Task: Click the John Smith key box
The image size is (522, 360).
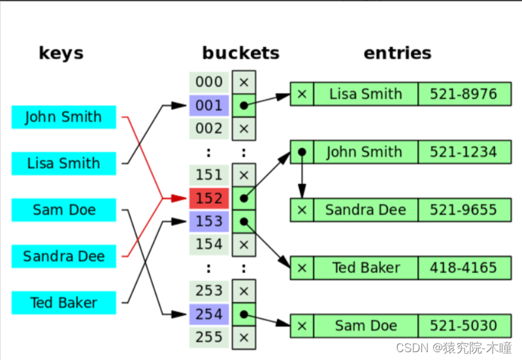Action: tap(63, 117)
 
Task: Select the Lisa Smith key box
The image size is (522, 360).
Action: tap(63, 163)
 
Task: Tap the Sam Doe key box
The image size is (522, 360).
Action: tap(63, 210)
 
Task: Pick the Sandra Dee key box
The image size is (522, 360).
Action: tap(63, 256)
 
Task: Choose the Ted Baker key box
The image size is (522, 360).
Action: tap(63, 303)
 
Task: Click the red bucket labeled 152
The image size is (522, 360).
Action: tap(209, 198)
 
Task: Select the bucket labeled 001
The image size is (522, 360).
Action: tap(209, 105)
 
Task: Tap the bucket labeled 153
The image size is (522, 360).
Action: tap(209, 221)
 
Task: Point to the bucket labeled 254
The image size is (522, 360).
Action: tap(209, 314)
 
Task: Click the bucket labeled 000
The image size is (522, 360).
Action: tap(209, 82)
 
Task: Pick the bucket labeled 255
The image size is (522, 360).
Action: tap(209, 337)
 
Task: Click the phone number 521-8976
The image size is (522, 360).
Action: tap(463, 94)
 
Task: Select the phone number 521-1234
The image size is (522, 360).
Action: tap(463, 152)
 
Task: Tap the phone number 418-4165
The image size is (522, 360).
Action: tap(463, 267)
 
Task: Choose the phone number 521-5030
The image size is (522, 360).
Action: tap(463, 325)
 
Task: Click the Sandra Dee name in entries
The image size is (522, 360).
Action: tap(365, 210)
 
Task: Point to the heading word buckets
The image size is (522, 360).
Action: tap(240, 53)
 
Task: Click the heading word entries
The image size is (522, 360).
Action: tap(397, 53)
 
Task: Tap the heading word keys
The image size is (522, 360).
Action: tap(61, 53)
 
